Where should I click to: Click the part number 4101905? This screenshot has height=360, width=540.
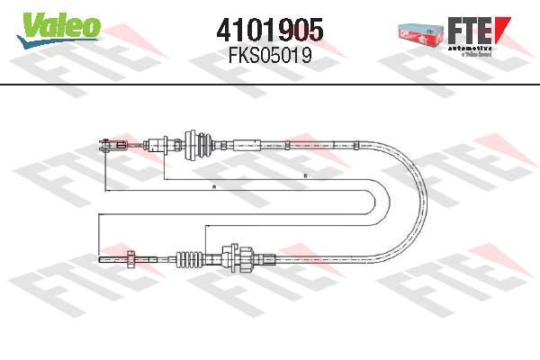click(269, 30)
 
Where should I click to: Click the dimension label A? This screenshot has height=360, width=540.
click(213, 186)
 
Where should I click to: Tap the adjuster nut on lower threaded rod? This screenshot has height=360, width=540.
click(133, 259)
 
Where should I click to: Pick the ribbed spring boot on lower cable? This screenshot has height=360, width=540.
click(188, 259)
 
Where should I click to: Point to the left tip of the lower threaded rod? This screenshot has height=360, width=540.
click(99, 259)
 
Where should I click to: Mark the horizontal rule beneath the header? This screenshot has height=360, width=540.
click(270, 85)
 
